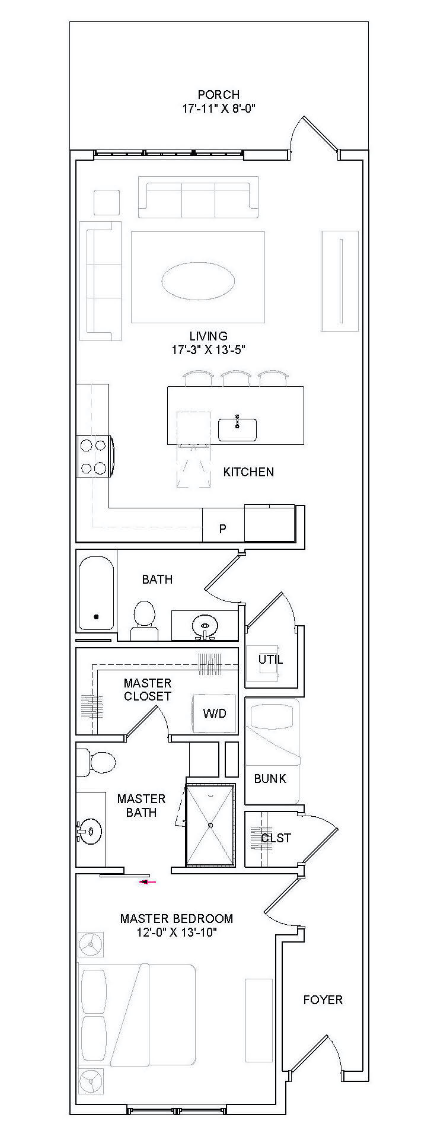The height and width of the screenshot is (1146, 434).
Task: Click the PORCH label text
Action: pos(218,94)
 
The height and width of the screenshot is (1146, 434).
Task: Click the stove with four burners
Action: pos(94,456)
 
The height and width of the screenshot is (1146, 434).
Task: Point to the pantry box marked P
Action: pos(223,529)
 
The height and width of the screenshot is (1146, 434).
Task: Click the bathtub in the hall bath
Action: pos(97,593)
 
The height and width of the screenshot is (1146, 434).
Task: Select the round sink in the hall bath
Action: pos(205,625)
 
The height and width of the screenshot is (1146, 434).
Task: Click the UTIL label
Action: pos(270,659)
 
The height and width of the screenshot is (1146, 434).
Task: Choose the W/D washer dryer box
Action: pos(214,713)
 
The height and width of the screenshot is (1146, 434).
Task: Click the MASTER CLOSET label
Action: pos(148,690)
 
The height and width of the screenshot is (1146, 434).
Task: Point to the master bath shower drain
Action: pos(210,825)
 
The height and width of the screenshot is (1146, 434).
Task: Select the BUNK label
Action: pos(270,779)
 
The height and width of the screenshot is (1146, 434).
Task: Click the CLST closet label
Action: pos(276,838)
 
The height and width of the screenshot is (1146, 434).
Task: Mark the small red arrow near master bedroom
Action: pos(147,882)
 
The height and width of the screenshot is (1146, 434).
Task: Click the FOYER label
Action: pos(323,1000)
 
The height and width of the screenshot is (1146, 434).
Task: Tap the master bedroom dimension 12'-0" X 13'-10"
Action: pos(177,932)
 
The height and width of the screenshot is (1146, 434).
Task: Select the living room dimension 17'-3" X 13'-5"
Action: pos(209,350)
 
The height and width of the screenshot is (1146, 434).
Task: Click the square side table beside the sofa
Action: pos(107,202)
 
